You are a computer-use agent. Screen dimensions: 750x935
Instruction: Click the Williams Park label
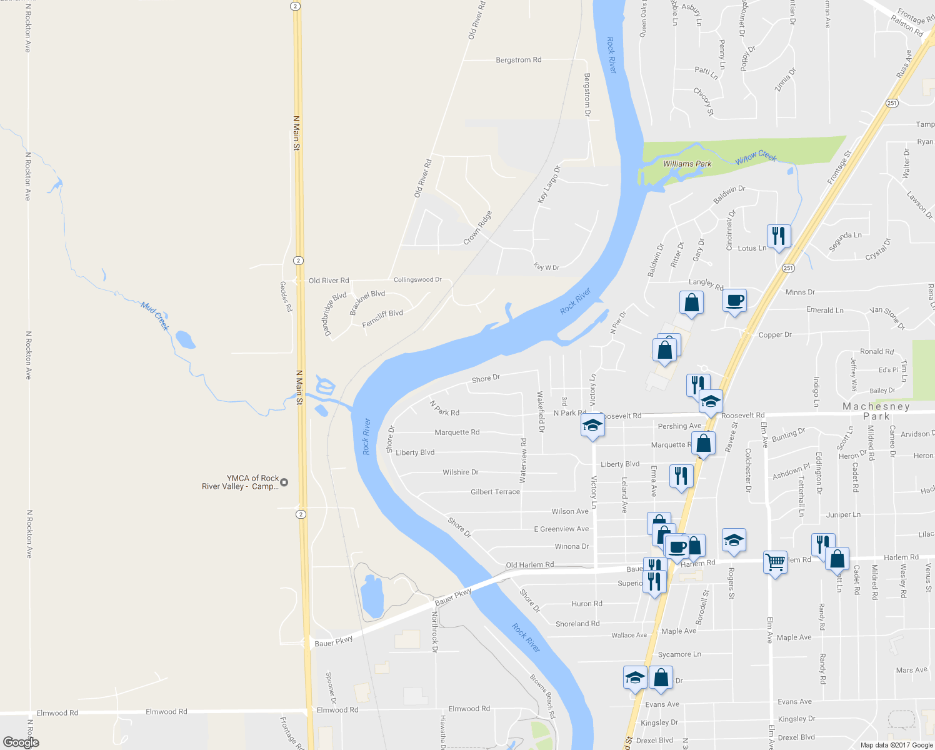[x=687, y=164]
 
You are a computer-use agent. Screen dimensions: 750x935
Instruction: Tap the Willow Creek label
[x=756, y=157]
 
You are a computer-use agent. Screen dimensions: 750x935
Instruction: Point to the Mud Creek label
[x=155, y=316]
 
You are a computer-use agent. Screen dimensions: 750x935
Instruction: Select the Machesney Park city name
[x=876, y=411]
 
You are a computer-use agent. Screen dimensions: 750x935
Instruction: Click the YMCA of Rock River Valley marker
[x=284, y=482]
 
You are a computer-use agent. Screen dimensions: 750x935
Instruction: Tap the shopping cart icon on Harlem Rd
[x=775, y=562]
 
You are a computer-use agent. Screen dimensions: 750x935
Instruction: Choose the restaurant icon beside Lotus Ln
[x=778, y=236]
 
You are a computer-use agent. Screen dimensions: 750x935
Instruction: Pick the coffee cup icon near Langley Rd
[x=735, y=301]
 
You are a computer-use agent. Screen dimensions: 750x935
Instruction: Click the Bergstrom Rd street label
[x=518, y=60]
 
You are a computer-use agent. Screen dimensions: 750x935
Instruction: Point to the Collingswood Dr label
[x=417, y=280]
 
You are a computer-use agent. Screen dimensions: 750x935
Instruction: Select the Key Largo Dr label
[x=549, y=184]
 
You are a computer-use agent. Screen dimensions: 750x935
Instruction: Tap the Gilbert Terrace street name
[x=495, y=492]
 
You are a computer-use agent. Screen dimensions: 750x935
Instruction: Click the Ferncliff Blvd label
[x=382, y=318]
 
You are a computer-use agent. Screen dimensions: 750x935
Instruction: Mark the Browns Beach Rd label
[x=542, y=696]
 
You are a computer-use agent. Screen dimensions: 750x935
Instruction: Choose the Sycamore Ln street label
[x=679, y=654]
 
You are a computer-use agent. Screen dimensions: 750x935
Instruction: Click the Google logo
[x=21, y=742]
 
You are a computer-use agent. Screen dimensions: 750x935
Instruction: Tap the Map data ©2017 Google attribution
[x=896, y=745]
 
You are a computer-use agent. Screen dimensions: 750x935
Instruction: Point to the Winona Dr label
[x=572, y=546]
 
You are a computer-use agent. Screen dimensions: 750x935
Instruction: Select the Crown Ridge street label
[x=477, y=228]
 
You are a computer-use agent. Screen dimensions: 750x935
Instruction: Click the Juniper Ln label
[x=843, y=515]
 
